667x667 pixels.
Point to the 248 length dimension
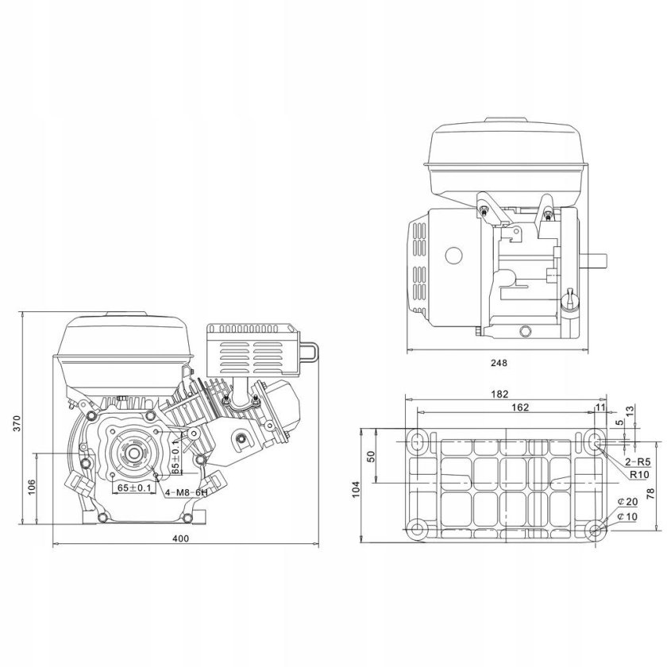click(499, 362)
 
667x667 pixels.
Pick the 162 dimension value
click(498, 407)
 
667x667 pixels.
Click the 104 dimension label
click(357, 484)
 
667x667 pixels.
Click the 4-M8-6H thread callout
click(186, 493)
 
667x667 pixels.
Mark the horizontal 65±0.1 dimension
click(133, 487)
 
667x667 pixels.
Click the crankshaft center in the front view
click(130, 453)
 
